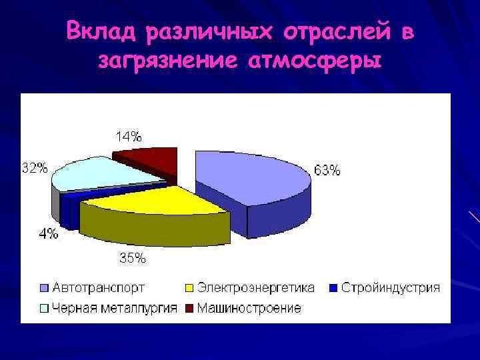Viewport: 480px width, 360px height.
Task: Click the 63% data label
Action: [x=327, y=171]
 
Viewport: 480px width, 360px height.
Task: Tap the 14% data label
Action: [x=128, y=137]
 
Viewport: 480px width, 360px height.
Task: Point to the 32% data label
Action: [x=35, y=168]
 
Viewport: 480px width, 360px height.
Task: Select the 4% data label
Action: [x=47, y=233]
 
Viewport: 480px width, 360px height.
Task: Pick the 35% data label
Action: [x=132, y=259]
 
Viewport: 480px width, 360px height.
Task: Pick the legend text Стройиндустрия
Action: [x=391, y=288]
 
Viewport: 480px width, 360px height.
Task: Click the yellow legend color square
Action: [x=189, y=289]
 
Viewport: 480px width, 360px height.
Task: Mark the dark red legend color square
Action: [x=189, y=308]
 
